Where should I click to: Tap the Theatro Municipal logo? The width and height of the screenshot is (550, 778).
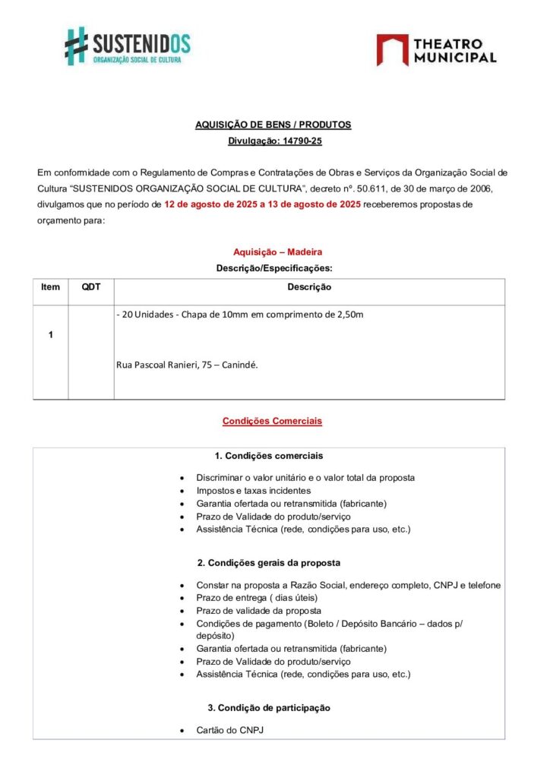pyautogui.click(x=437, y=49)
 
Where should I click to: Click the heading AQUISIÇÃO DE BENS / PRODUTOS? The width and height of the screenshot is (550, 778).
pyautogui.click(x=273, y=125)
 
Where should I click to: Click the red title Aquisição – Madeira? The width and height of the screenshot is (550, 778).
pyautogui.click(x=272, y=251)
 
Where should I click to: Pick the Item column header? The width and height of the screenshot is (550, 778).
pyautogui.click(x=50, y=287)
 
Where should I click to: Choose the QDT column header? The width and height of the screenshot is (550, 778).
pyautogui.click(x=91, y=287)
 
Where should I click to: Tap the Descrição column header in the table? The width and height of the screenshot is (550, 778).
pyautogui.click(x=308, y=287)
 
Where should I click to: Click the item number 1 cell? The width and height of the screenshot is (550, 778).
pyautogui.click(x=50, y=335)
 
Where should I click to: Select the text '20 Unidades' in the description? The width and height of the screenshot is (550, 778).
pyautogui.click(x=146, y=315)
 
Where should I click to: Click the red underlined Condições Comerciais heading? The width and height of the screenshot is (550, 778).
pyautogui.click(x=272, y=420)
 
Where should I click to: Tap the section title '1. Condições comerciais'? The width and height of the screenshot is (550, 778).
pyautogui.click(x=269, y=456)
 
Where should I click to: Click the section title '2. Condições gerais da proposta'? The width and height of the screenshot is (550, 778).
pyautogui.click(x=269, y=563)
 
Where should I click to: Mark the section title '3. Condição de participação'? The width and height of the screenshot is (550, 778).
pyautogui.click(x=269, y=707)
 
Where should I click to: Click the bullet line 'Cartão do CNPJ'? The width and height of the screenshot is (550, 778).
pyautogui.click(x=229, y=730)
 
